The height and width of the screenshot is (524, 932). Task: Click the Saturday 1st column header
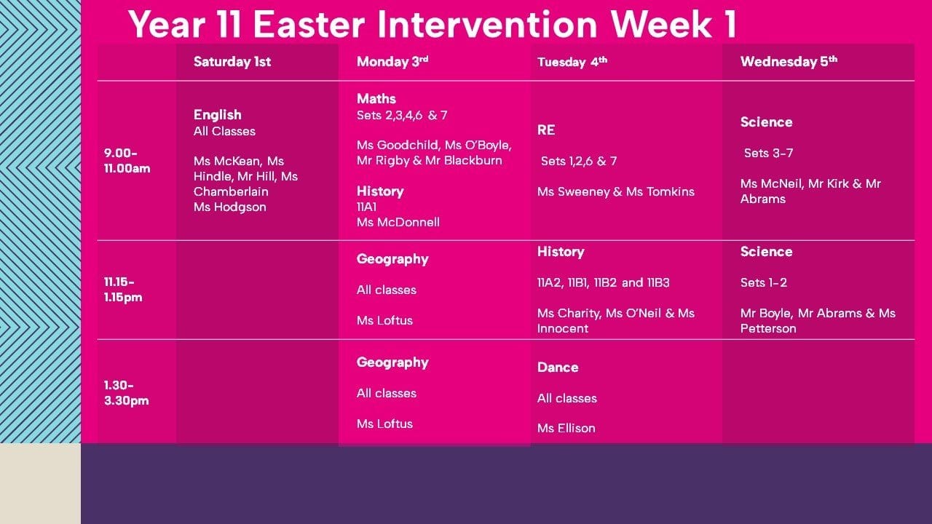(232, 62)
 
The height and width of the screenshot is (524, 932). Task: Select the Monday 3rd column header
(392, 62)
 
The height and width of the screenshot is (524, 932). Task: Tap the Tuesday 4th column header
(572, 62)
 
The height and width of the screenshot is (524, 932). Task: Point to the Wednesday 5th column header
(789, 62)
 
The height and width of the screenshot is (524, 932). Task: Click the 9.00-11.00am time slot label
(127, 161)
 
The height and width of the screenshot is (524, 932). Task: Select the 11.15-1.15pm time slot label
(123, 290)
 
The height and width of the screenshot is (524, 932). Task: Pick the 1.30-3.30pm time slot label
(126, 392)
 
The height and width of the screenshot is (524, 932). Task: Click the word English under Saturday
(217, 115)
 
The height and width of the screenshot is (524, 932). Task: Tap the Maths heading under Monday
(376, 98)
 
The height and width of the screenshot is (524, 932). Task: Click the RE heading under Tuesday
(546, 130)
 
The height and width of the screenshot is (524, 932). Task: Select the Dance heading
(558, 368)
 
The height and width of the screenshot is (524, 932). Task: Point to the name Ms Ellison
(566, 428)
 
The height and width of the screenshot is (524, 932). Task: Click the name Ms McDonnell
(398, 222)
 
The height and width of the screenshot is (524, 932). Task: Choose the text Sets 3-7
(768, 153)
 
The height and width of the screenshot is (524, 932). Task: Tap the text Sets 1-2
(764, 283)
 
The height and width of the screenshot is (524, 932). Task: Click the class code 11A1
(366, 207)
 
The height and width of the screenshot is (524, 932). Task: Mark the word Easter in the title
(309, 24)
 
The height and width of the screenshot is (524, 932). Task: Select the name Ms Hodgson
(229, 207)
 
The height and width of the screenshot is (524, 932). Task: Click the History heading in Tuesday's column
(561, 252)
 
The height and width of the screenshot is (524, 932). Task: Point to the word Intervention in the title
(487, 24)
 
